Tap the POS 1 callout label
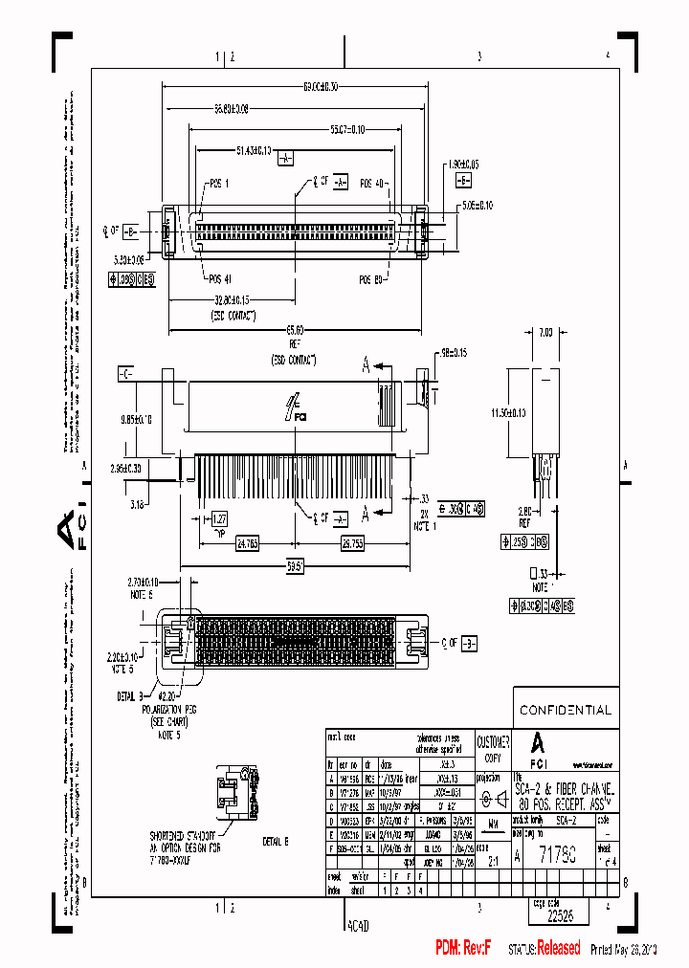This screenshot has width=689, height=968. tap(219, 183)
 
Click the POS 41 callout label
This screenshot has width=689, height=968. tap(221, 279)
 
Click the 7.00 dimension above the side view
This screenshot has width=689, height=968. tap(545, 331)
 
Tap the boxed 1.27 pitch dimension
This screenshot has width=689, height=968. tap(219, 517)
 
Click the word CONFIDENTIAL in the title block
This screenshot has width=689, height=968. tap(565, 710)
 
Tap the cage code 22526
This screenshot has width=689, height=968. tap(560, 914)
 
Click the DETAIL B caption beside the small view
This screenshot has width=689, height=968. tap(275, 842)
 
